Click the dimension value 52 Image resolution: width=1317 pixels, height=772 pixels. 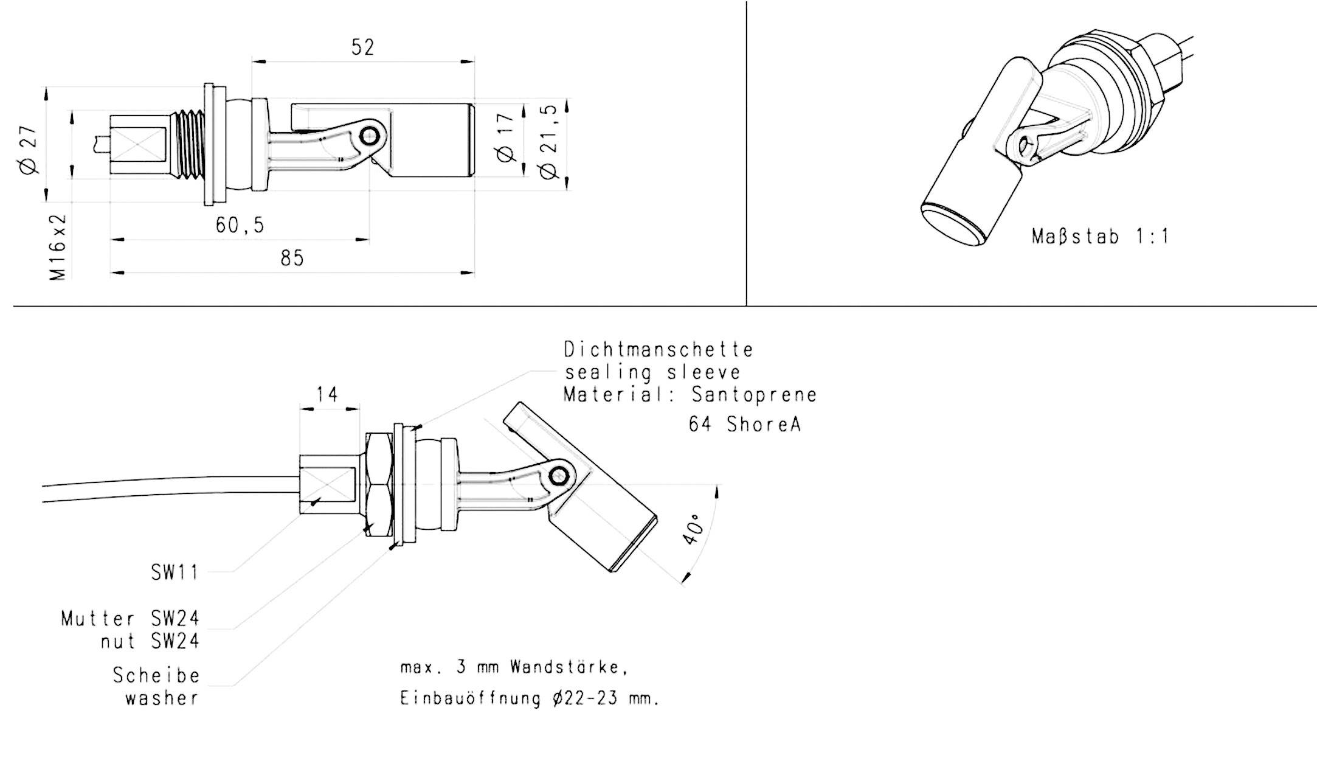click(x=363, y=47)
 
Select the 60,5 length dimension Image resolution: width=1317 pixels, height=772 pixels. click(x=240, y=226)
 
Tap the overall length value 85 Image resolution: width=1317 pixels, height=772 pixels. click(x=292, y=258)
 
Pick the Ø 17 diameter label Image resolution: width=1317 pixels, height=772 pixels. click(x=506, y=138)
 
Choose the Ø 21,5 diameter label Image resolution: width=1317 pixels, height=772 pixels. click(x=548, y=141)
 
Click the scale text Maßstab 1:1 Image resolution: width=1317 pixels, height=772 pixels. click(x=1100, y=236)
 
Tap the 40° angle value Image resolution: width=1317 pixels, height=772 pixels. click(x=693, y=530)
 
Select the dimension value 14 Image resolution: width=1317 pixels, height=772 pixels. click(x=327, y=395)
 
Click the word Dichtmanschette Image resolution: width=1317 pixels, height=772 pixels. click(x=658, y=350)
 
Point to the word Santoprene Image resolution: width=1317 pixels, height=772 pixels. click(x=754, y=395)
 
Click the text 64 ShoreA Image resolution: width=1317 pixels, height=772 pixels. click(x=745, y=424)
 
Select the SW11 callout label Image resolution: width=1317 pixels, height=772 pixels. click(x=175, y=572)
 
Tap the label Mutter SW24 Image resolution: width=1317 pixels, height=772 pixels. click(x=130, y=619)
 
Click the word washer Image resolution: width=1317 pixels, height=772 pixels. click(x=162, y=698)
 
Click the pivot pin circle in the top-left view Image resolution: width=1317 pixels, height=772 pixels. click(x=368, y=137)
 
